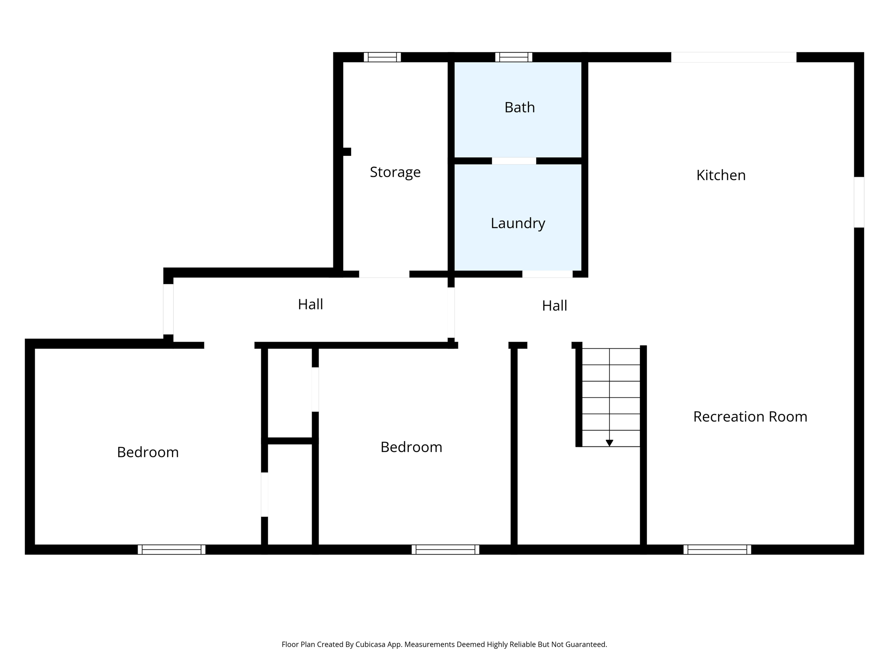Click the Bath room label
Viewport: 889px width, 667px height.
(x=519, y=107)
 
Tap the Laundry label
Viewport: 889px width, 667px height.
(x=517, y=223)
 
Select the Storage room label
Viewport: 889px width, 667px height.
(x=395, y=172)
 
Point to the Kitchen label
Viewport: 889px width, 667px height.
(x=721, y=175)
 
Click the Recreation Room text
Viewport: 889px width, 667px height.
(x=750, y=416)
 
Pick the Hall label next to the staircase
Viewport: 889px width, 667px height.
(x=554, y=306)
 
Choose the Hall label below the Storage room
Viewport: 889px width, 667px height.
(x=310, y=304)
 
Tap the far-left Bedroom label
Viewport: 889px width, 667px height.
(x=148, y=452)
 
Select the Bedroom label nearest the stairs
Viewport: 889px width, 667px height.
(x=411, y=447)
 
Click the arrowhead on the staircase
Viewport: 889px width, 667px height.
(x=609, y=443)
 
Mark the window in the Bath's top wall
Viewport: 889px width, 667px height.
(x=514, y=57)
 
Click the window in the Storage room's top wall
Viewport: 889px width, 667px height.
(x=382, y=57)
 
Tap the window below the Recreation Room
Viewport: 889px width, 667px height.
(x=717, y=549)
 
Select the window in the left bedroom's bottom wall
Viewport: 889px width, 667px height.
(x=171, y=549)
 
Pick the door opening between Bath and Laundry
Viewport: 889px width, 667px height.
(x=514, y=161)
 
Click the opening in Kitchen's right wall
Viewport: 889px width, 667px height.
(x=859, y=202)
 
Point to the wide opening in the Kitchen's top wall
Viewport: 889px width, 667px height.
(x=733, y=57)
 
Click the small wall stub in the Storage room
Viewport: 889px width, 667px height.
(x=347, y=152)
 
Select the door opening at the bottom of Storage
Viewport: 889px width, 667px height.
(x=384, y=274)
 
